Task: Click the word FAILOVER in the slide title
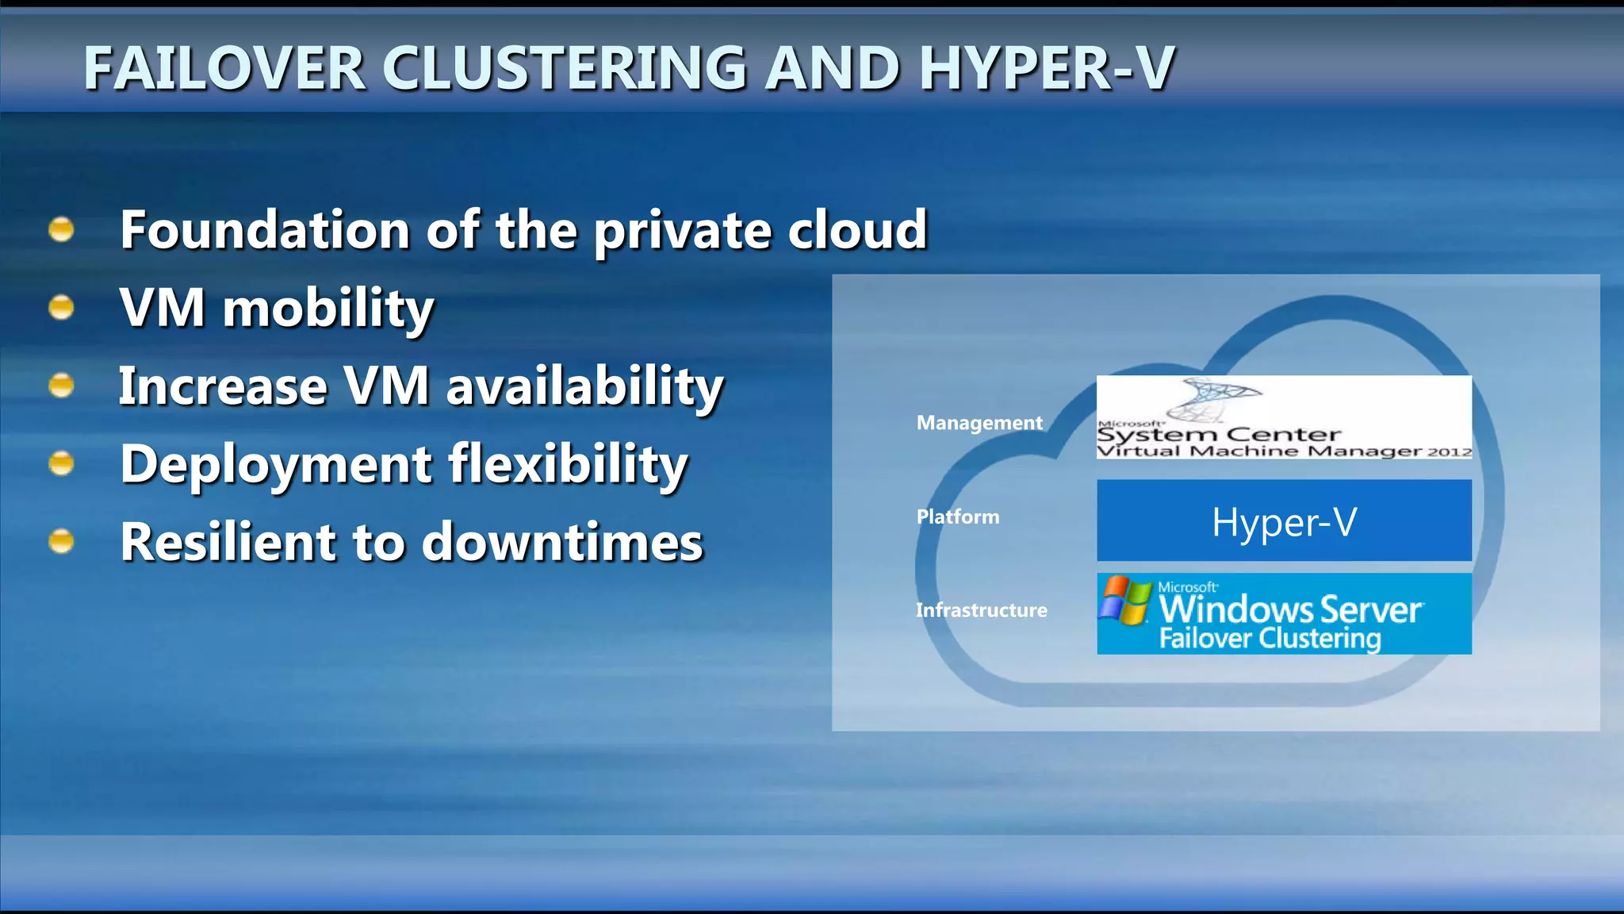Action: [x=224, y=68]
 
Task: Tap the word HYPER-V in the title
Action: [x=1047, y=68]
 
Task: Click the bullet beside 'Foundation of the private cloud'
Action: [x=61, y=230]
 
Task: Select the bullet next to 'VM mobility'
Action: [x=61, y=307]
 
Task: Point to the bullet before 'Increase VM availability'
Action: [x=61, y=386]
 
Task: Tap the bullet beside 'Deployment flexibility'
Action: [x=61, y=463]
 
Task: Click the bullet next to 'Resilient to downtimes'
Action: [x=61, y=542]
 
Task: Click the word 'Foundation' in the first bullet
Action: [x=265, y=230]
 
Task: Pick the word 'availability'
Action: [x=585, y=386]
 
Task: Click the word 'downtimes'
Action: [x=562, y=543]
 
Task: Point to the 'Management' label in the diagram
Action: [x=979, y=423]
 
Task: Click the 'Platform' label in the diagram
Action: [x=958, y=517]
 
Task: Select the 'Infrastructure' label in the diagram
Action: [x=981, y=610]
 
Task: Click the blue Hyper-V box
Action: [x=1284, y=521]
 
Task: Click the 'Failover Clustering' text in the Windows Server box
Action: [x=1270, y=639]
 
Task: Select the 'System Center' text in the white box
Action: [x=1219, y=435]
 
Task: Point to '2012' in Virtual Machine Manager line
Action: [x=1450, y=452]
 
